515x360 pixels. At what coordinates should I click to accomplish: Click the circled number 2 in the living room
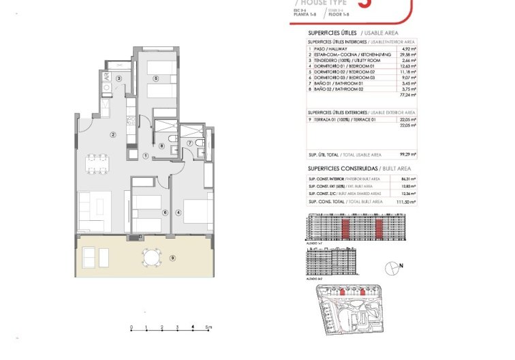(113, 134)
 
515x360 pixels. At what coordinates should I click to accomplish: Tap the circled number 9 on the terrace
(172, 257)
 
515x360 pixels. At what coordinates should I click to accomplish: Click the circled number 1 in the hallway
(146, 155)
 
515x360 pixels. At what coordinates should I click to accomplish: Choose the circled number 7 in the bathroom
(190, 142)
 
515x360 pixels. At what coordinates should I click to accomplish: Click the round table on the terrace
(152, 256)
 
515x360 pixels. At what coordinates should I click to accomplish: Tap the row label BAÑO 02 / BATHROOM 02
(338, 89)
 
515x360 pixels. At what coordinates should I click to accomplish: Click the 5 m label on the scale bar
(209, 327)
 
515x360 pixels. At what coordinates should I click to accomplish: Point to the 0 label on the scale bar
(131, 327)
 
